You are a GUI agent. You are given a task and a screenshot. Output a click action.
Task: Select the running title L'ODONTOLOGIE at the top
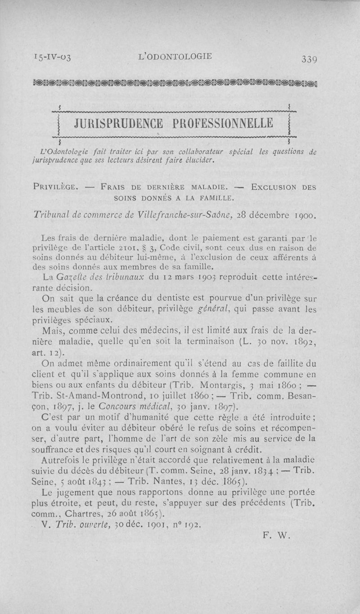(175, 56)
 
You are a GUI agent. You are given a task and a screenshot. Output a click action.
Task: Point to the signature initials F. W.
(276, 535)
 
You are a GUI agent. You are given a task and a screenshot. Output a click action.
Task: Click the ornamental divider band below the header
(180, 82)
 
